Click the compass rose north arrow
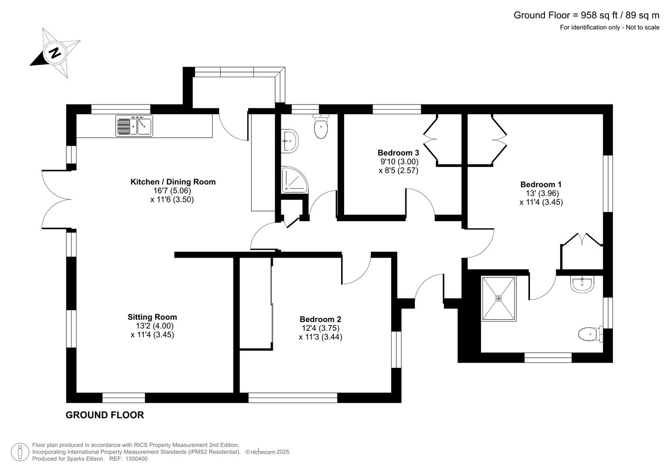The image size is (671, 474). tap(54, 53)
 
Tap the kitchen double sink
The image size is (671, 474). tap(134, 126)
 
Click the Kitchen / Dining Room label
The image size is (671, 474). tap(173, 182)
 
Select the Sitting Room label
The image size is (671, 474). tap(152, 317)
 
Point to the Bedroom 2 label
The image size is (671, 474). tap(320, 320)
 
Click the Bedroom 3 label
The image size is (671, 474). tap(398, 153)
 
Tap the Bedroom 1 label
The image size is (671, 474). tap(540, 185)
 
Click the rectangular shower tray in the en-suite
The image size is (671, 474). tap(498, 298)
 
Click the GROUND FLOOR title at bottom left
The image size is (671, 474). tap(105, 415)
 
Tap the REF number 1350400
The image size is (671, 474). tap(136, 459)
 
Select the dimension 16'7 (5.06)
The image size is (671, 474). tap(172, 190)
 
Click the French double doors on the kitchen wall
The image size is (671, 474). tap(56, 199)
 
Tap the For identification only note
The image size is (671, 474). tap(609, 27)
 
